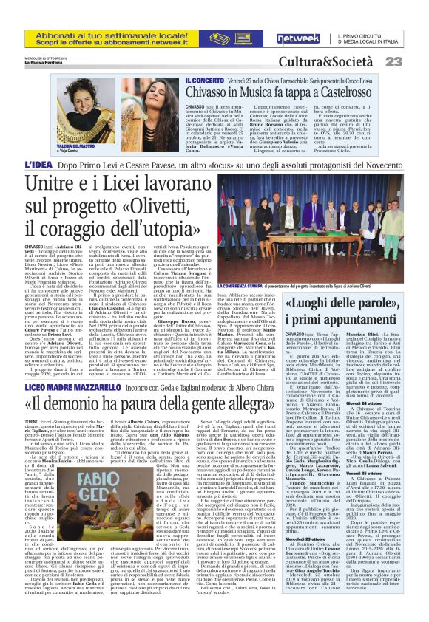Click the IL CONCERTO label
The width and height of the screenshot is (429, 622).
184,78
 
